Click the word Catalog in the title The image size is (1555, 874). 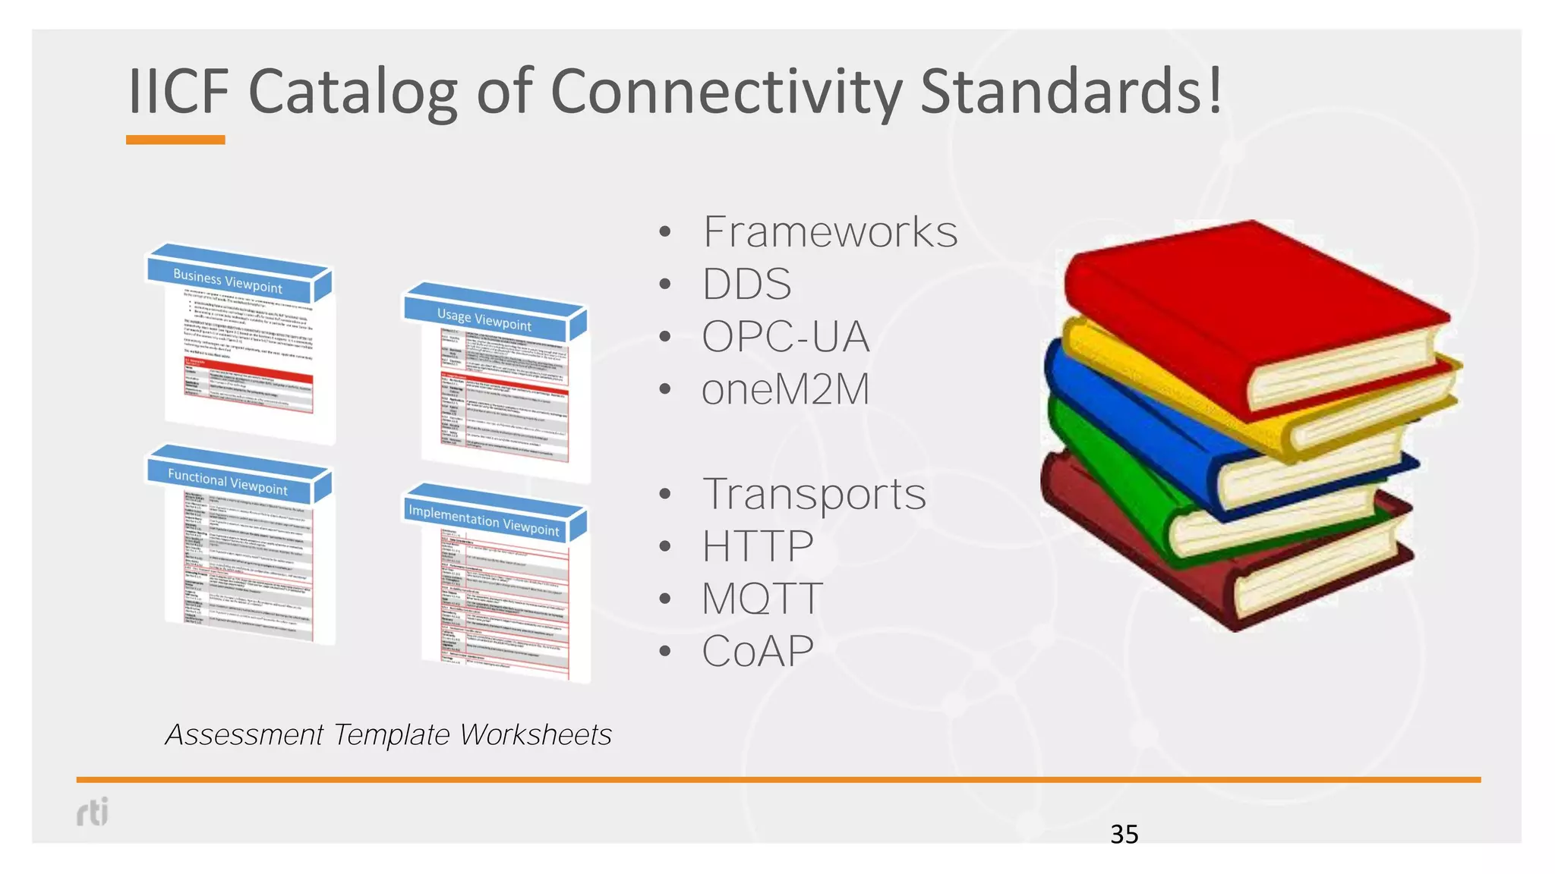[x=352, y=92]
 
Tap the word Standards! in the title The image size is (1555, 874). [x=1071, y=92]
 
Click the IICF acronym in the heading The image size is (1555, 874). [x=179, y=92]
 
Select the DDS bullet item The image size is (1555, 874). [x=746, y=285]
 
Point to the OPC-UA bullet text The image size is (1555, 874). [x=785, y=337]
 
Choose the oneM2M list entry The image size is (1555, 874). [x=785, y=390]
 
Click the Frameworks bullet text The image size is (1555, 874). [x=830, y=232]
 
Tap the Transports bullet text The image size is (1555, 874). [x=814, y=494]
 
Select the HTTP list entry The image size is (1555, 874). [x=757, y=546]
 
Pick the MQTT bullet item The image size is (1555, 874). [x=762, y=599]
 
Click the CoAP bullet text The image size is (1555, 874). [x=757, y=651]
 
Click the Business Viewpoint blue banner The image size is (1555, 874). [x=229, y=281]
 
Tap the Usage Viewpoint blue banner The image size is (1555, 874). [x=484, y=319]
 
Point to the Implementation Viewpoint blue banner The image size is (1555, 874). [x=484, y=520]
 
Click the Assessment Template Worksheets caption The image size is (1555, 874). [x=388, y=734]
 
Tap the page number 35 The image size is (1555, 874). [x=1124, y=835]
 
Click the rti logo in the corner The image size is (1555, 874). [x=93, y=812]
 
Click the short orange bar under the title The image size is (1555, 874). [x=175, y=140]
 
